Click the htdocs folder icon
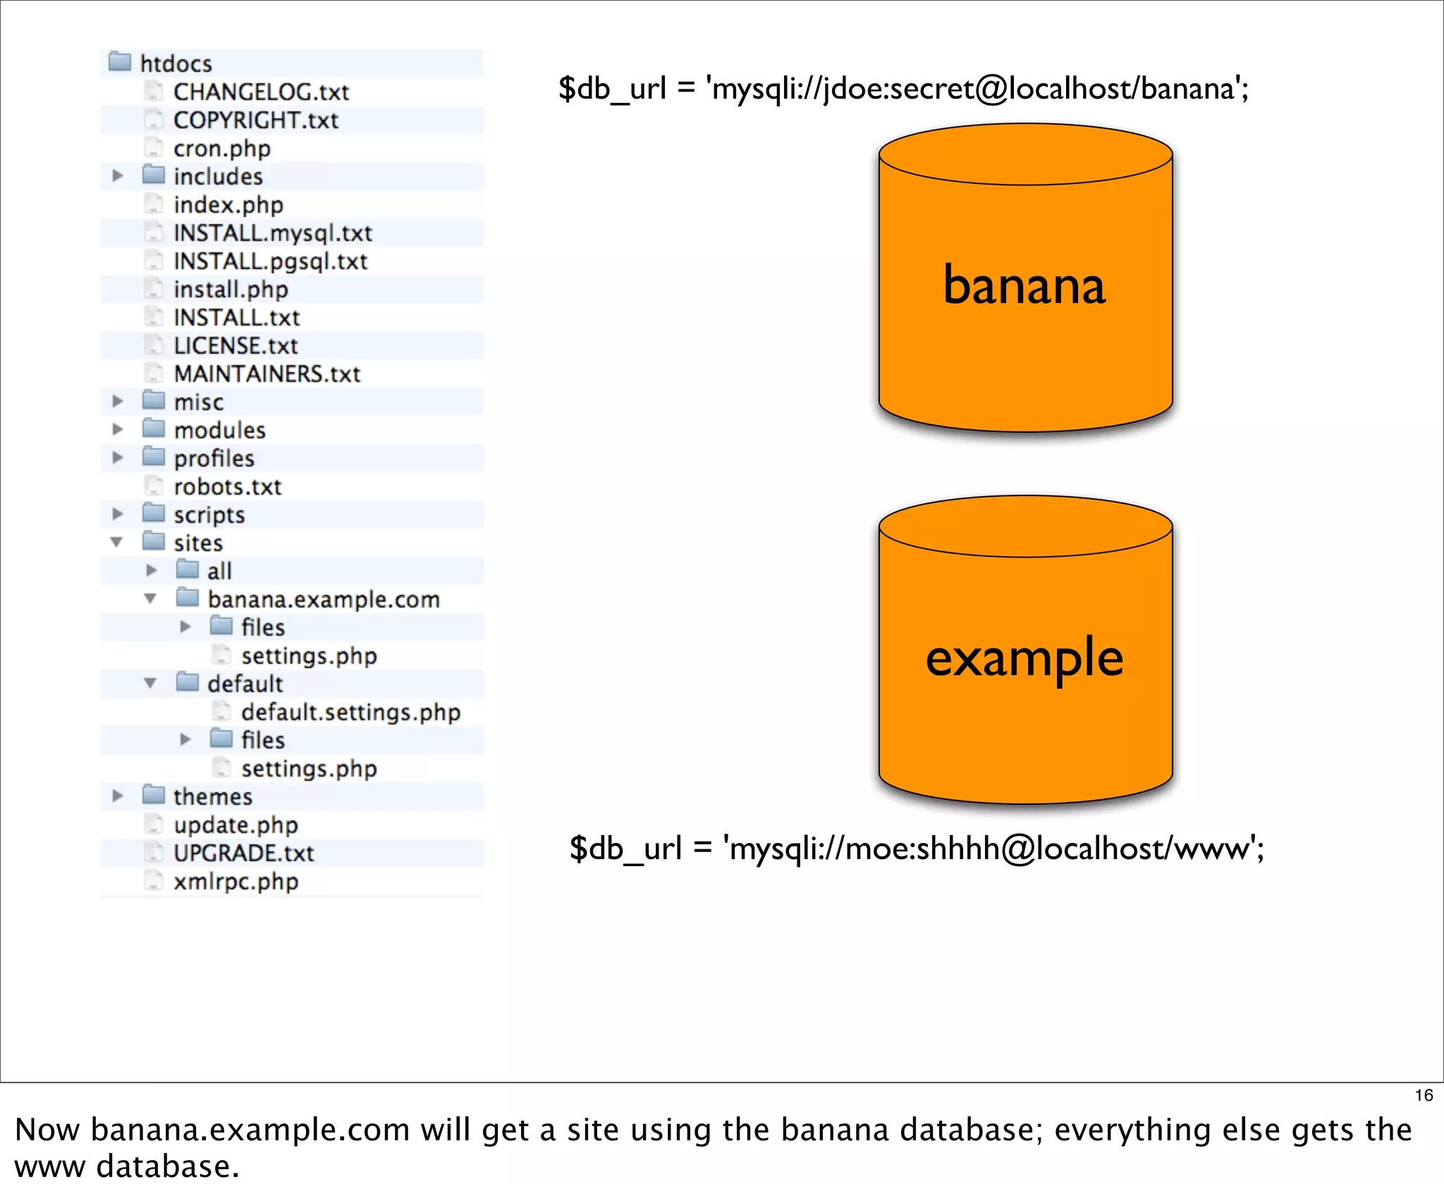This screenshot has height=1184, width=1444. (x=120, y=62)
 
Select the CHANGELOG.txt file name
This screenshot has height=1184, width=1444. (x=261, y=92)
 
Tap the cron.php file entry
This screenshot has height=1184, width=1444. (x=221, y=148)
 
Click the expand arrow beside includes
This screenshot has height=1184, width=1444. (x=118, y=175)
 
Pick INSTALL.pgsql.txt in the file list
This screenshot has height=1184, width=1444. (x=270, y=261)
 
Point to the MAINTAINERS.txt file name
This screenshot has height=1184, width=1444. (x=267, y=374)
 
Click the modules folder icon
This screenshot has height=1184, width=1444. (x=153, y=428)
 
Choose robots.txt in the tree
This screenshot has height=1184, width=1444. (x=227, y=486)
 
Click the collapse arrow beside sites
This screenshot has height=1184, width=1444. (x=117, y=542)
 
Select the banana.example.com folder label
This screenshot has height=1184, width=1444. (x=323, y=599)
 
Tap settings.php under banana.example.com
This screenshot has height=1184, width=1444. (x=308, y=655)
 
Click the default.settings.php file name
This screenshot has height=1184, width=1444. (x=350, y=712)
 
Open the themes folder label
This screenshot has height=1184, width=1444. (x=212, y=796)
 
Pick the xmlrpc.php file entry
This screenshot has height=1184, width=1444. (x=235, y=881)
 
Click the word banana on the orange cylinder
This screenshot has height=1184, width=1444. (x=1024, y=285)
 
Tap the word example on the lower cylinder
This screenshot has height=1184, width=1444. (x=1024, y=658)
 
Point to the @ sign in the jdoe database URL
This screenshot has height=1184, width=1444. (x=992, y=90)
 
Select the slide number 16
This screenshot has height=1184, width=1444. (x=1424, y=1095)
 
